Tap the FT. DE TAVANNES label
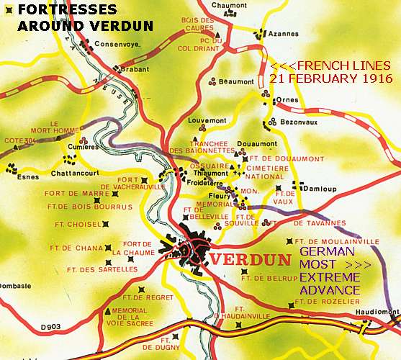pos(320,222)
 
